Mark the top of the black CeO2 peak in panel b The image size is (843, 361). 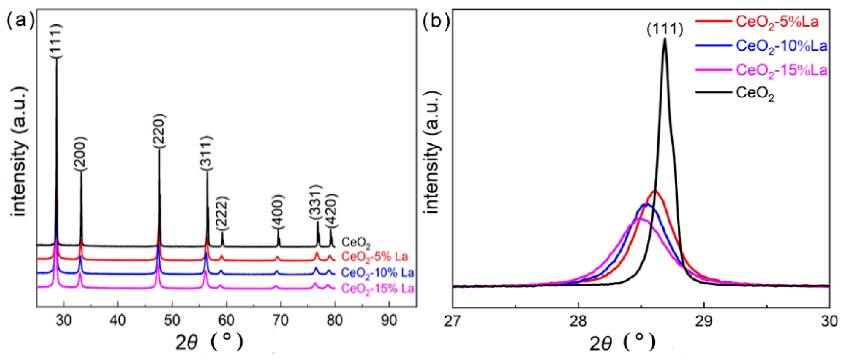665,38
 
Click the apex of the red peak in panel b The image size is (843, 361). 654,190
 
